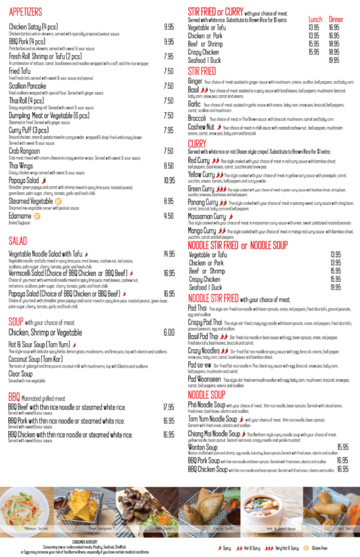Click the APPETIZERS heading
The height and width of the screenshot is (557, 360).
coord(25,12)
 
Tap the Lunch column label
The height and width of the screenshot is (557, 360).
coord(315,20)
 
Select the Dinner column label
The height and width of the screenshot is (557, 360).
coord(336,20)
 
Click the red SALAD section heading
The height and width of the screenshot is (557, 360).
coord(18,241)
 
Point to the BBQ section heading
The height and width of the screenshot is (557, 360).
coord(14,397)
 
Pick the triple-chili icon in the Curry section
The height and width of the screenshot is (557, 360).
coord(221,189)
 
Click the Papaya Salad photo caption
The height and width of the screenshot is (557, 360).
coord(36,528)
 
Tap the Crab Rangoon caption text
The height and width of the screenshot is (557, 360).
coord(100,528)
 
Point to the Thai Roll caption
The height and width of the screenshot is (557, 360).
coord(345,528)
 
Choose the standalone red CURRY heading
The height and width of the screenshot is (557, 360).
coord(197,144)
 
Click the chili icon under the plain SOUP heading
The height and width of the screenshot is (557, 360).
coord(74,345)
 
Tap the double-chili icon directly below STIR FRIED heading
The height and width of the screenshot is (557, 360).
coord(204,90)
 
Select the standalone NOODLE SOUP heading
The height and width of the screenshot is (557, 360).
coord(206,395)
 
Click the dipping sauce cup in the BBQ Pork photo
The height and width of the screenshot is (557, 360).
coord(153,533)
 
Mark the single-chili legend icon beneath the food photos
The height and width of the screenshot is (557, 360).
coord(220,548)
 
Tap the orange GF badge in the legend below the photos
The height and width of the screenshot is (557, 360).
coord(306,548)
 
